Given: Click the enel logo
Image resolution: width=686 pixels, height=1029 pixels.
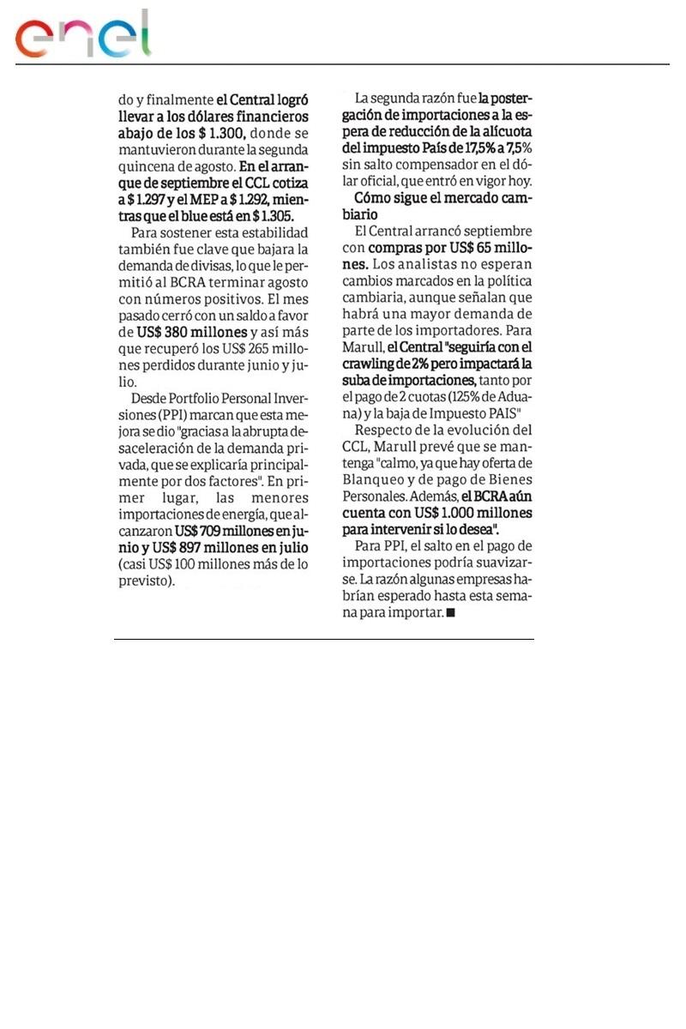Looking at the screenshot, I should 82,36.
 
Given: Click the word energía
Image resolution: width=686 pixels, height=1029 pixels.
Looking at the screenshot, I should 241,514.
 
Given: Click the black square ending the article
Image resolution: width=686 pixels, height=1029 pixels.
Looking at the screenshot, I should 451,613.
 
